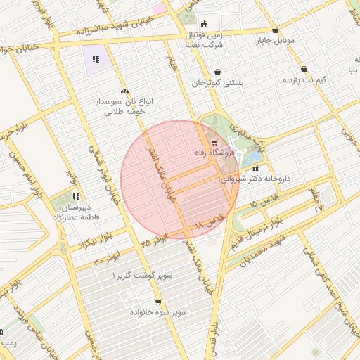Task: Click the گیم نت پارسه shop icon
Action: (x=303, y=70)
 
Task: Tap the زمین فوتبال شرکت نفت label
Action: (x=205, y=39)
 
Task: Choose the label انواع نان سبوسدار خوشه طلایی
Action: (x=124, y=106)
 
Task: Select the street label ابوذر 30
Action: (x=107, y=259)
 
